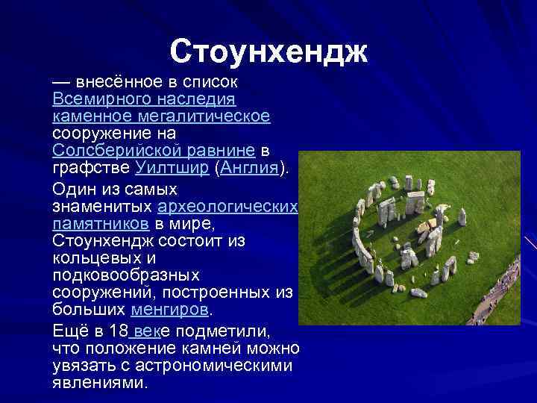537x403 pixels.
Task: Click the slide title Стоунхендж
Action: [x=268, y=51]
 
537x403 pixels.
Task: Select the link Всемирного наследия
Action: [x=144, y=99]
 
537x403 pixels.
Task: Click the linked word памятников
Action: [x=102, y=223]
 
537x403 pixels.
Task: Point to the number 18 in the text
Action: [x=117, y=331]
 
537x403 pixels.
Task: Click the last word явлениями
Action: [x=100, y=383]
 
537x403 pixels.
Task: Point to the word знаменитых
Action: [x=104, y=207]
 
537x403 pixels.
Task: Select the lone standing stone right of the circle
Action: [x=462, y=216]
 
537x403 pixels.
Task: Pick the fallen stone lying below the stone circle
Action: [x=419, y=293]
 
